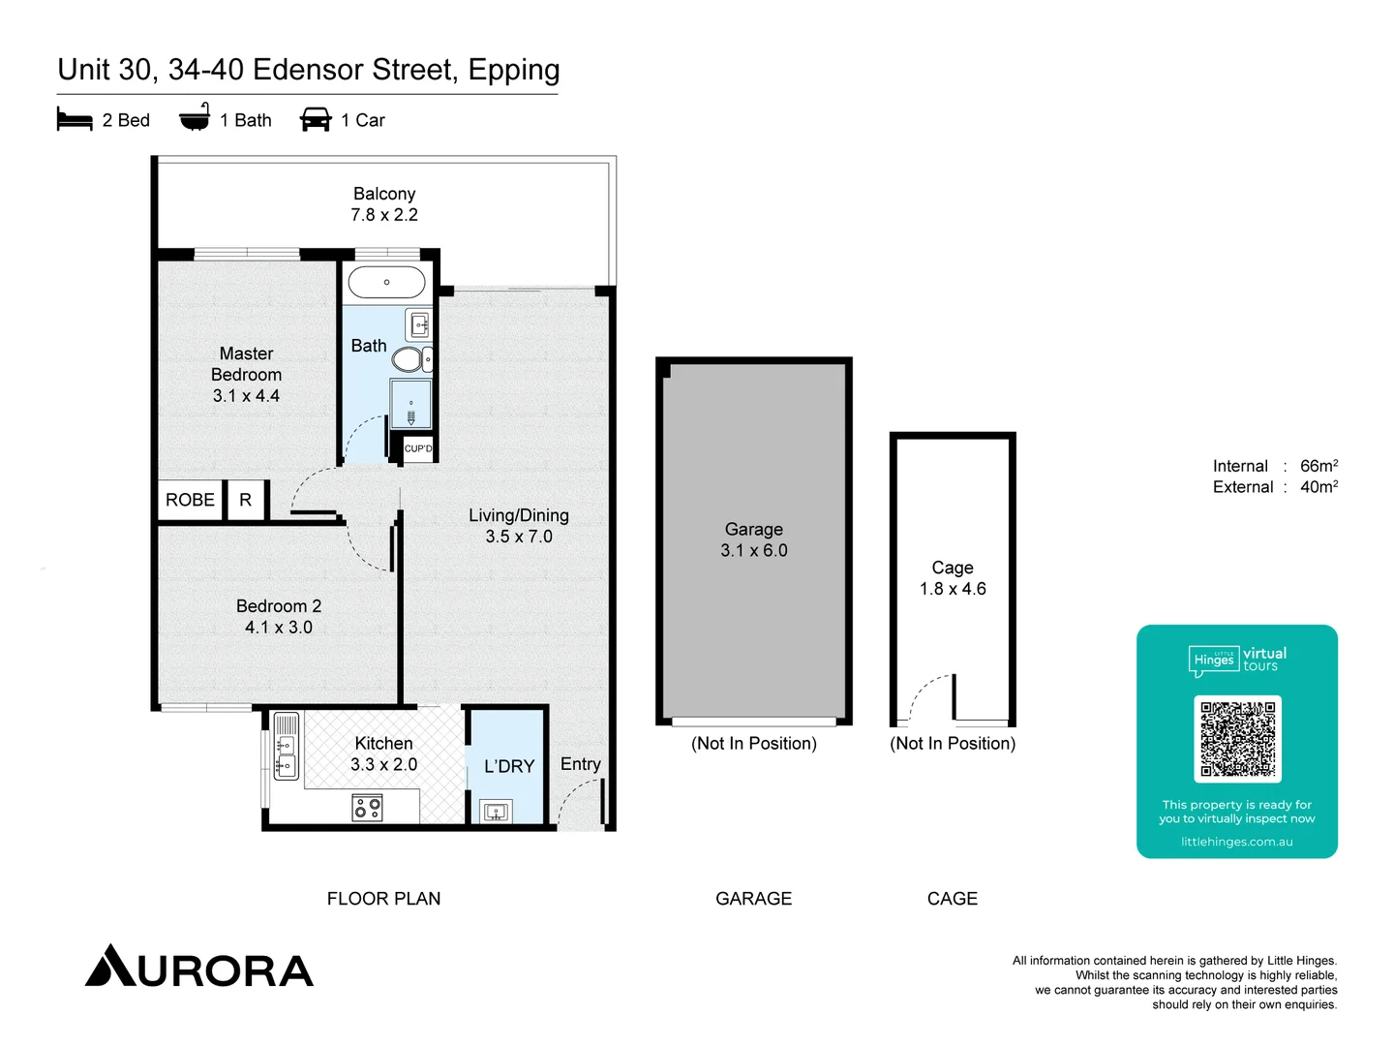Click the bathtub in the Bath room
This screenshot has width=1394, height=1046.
386,282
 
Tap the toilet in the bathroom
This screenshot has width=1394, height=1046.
409,360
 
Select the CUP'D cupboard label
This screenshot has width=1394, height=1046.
418,448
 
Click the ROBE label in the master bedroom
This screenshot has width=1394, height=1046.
190,500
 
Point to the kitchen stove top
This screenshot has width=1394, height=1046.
368,807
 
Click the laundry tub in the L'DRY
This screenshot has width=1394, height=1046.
497,812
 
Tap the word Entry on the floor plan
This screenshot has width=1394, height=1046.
581,764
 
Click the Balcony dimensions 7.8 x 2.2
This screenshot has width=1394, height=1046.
384,215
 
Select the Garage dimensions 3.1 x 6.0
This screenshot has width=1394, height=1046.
754,550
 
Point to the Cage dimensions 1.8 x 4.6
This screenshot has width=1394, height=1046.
953,589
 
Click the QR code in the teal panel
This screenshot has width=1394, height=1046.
1237,739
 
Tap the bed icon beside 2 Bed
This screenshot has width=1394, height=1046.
75,120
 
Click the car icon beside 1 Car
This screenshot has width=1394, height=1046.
316,120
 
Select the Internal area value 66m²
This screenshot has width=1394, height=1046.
1318,466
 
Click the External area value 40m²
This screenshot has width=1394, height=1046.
1318,487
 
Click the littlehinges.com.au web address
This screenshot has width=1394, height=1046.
1236,842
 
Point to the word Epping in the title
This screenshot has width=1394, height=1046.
514,70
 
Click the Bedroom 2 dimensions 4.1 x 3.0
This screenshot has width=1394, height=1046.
279,628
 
